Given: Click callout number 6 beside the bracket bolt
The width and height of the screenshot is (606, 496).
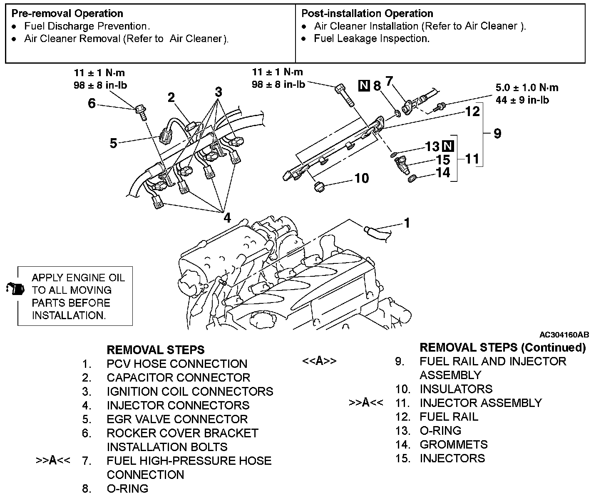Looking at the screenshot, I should click(92, 103).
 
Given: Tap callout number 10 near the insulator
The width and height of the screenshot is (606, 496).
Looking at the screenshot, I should click(362, 178).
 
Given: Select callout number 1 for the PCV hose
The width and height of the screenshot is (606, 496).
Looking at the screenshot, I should click(407, 223).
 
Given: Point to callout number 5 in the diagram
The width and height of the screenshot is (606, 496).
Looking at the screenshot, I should click(114, 144).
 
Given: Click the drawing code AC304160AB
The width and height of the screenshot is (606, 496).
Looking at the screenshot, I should click(564, 335).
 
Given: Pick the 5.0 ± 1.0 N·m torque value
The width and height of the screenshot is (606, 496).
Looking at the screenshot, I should click(527, 88).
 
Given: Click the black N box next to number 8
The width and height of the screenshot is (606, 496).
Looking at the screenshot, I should click(364, 86).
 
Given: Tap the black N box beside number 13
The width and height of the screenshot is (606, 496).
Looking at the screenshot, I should click(448, 146).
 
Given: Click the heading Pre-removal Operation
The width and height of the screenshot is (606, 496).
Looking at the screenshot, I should click(67, 14).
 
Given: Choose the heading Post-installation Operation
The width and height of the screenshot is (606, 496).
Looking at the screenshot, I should click(367, 14).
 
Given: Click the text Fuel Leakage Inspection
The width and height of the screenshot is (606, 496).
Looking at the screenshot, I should click(372, 39).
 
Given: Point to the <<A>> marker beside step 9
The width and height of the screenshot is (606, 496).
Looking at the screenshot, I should click(319, 361).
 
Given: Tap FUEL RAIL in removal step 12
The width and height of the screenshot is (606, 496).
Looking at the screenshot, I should click(449, 417).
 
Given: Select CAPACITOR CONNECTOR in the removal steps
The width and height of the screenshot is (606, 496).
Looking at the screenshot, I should click(178, 378).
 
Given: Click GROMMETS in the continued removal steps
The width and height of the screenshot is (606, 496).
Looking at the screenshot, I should click(453, 444).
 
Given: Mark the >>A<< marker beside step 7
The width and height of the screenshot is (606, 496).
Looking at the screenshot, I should click(53, 461).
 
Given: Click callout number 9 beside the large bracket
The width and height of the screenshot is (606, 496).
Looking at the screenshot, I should click(497, 134).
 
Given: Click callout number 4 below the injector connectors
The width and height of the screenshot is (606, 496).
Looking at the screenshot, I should click(227, 218).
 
